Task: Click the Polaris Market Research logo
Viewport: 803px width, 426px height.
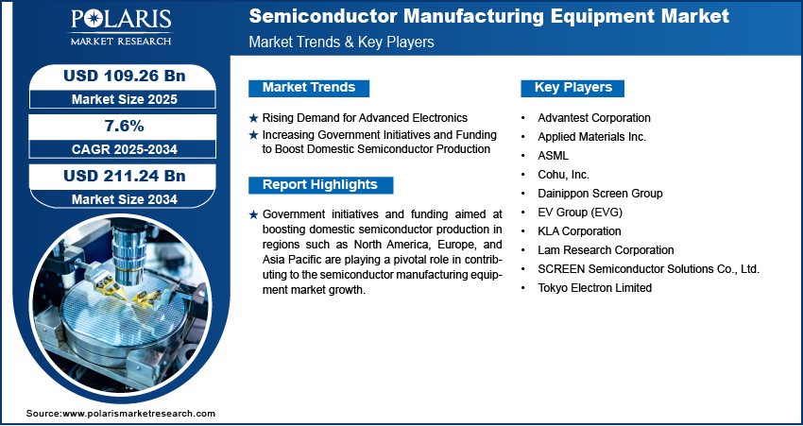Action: pos(121,27)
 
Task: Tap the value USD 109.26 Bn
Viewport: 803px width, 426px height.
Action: pos(124,76)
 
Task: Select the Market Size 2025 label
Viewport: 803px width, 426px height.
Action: pos(124,99)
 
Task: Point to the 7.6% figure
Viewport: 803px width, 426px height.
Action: pos(124,126)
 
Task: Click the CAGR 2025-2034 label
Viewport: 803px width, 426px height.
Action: pos(124,149)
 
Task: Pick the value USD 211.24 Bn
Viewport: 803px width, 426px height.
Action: pos(124,176)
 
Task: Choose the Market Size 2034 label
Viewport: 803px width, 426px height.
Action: pos(124,199)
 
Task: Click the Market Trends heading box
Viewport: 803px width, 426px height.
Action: pos(309,88)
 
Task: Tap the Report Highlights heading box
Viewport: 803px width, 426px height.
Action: pos(320,185)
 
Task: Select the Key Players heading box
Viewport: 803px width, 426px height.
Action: pos(572,88)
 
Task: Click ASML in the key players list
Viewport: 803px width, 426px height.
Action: pos(553,156)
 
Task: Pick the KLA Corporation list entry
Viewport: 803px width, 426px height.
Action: pos(579,231)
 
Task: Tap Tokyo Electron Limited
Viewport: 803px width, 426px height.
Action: pos(594,288)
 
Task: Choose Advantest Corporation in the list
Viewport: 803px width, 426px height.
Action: pos(594,118)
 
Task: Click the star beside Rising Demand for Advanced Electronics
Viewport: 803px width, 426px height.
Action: pos(253,118)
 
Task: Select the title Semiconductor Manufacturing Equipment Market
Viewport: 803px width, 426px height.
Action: pos(489,16)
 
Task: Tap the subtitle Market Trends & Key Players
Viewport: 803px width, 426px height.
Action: pos(342,42)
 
